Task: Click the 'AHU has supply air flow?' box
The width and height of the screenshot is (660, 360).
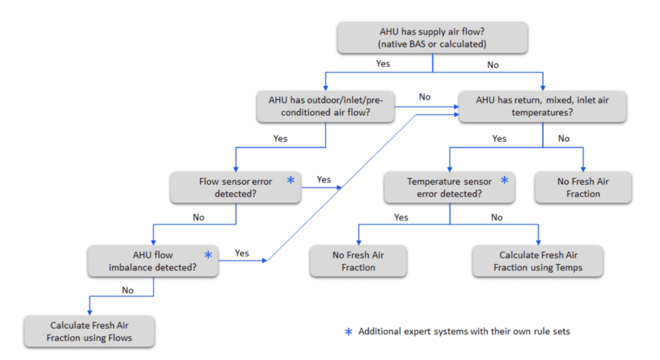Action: [x=432, y=38]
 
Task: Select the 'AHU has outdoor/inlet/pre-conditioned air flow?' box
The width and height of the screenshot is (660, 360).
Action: [x=325, y=106]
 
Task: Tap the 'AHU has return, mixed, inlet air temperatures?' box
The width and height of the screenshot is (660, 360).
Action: [x=542, y=106]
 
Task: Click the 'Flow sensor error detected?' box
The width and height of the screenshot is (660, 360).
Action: [x=235, y=188]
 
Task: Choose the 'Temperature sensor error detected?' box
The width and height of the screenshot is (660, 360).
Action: [x=449, y=188]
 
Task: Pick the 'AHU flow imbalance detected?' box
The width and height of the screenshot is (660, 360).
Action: [x=153, y=260]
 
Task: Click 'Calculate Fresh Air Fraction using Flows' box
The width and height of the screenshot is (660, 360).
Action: [x=89, y=332]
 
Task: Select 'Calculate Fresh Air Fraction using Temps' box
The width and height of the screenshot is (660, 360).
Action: [x=537, y=261]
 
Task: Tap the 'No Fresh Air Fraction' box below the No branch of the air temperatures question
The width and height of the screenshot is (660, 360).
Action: [x=582, y=188]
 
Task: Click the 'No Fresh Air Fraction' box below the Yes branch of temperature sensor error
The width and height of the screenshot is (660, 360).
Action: [x=358, y=261]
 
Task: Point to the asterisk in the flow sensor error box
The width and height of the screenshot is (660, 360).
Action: [x=291, y=181]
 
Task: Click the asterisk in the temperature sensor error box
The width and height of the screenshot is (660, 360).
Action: [x=504, y=181]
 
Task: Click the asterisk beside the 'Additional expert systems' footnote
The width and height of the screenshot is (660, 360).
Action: [x=349, y=332]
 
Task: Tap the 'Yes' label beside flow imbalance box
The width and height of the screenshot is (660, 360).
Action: [x=242, y=253]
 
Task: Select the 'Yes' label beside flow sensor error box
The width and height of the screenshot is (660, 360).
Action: [x=323, y=179]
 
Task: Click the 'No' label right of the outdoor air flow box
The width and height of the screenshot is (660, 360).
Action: [x=425, y=97]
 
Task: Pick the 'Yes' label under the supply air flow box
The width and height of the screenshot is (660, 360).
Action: [x=383, y=63]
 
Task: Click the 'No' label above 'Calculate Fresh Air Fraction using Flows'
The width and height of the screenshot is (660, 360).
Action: [x=127, y=290]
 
